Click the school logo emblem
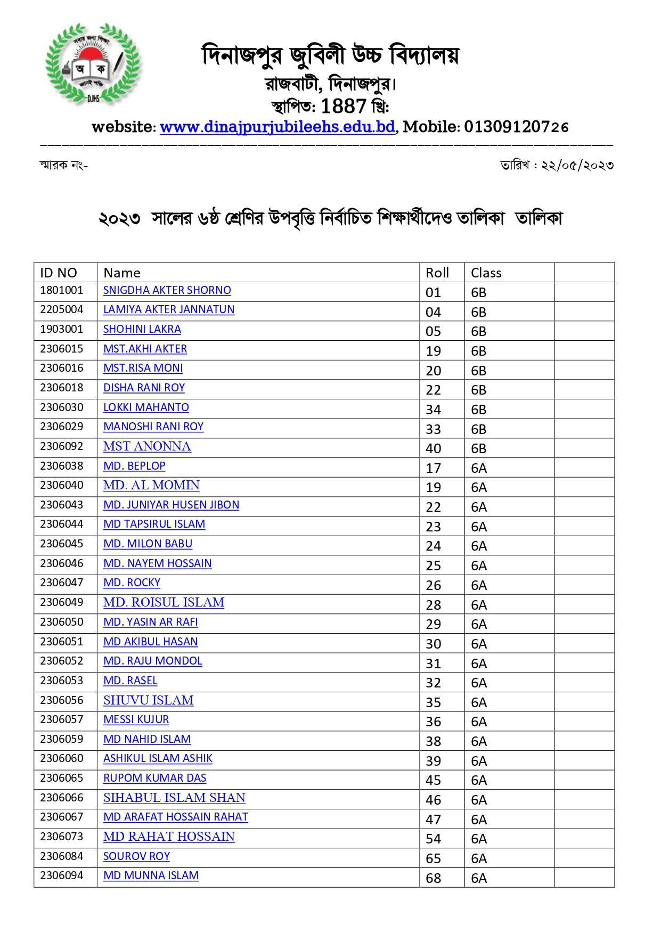pos(93,64)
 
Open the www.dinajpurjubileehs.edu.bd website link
pos(277,127)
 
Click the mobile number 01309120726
pos(516,127)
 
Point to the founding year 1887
pos(344,106)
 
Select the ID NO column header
pos(59,273)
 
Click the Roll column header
pos(437,273)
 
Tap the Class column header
pos(486,273)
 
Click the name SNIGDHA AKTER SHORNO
pos(167,290)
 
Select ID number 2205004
pos(62,309)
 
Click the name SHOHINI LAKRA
pos(142,329)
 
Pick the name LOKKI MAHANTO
pos(146,407)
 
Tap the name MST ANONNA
pos(147,446)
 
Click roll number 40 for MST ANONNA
pos(434,448)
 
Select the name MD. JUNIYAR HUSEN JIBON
pos(171,505)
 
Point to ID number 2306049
pos(62,602)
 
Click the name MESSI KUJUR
pos(136,719)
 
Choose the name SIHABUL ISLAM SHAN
pos(174,798)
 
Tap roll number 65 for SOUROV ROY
pos(434,858)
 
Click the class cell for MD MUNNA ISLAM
pos(479,878)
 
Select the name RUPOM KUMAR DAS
pos(154,778)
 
